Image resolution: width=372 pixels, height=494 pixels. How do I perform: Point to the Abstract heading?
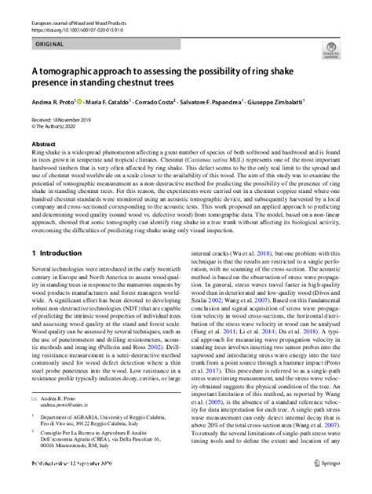click(x=43, y=145)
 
